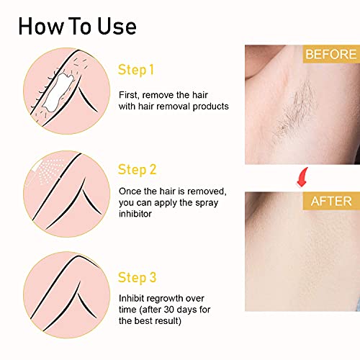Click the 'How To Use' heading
(77, 27)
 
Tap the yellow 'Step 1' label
(136, 70)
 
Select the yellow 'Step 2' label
(137, 170)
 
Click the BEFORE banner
(330, 55)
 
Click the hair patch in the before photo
(302, 115)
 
